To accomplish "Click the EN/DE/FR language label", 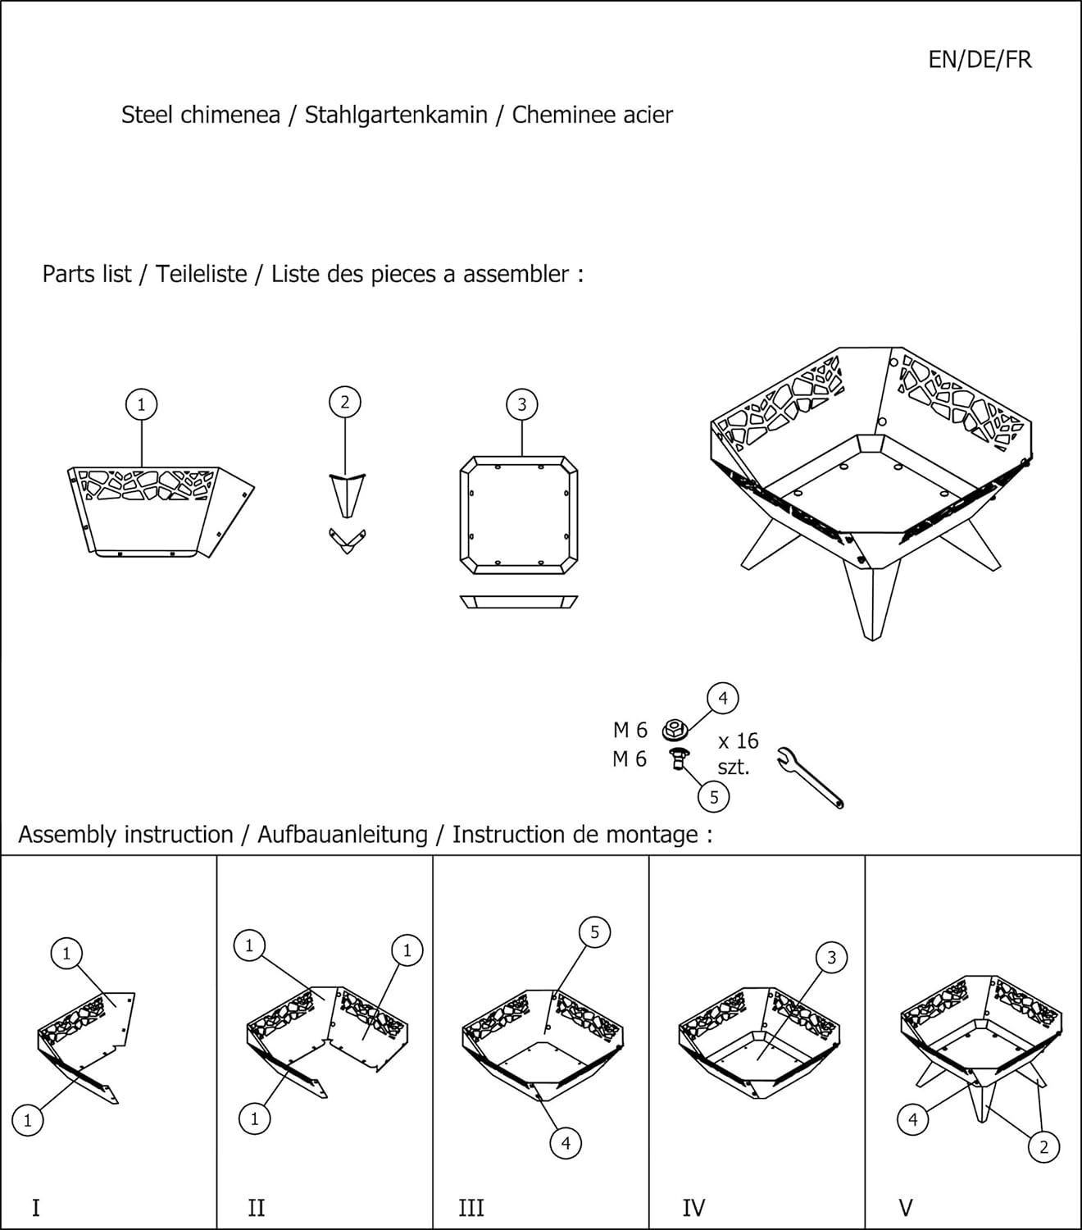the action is (980, 60).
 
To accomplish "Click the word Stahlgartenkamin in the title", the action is (396, 115).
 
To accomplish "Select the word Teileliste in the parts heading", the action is (201, 274).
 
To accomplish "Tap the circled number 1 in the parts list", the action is (141, 404).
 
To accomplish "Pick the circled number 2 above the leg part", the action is (345, 402).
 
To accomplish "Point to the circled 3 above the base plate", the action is (522, 404).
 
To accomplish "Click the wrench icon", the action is (810, 777).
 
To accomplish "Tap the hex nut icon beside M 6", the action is (675, 729).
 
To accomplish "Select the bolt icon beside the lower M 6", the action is (678, 758).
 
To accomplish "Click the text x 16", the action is (738, 740).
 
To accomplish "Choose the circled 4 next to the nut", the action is (723, 699).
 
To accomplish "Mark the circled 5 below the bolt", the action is (714, 796).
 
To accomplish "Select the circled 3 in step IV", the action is (831, 958).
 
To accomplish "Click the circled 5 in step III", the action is (595, 932).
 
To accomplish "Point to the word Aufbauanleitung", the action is (343, 835).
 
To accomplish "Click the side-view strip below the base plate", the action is (519, 602).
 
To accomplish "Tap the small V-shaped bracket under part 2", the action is (347, 541).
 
